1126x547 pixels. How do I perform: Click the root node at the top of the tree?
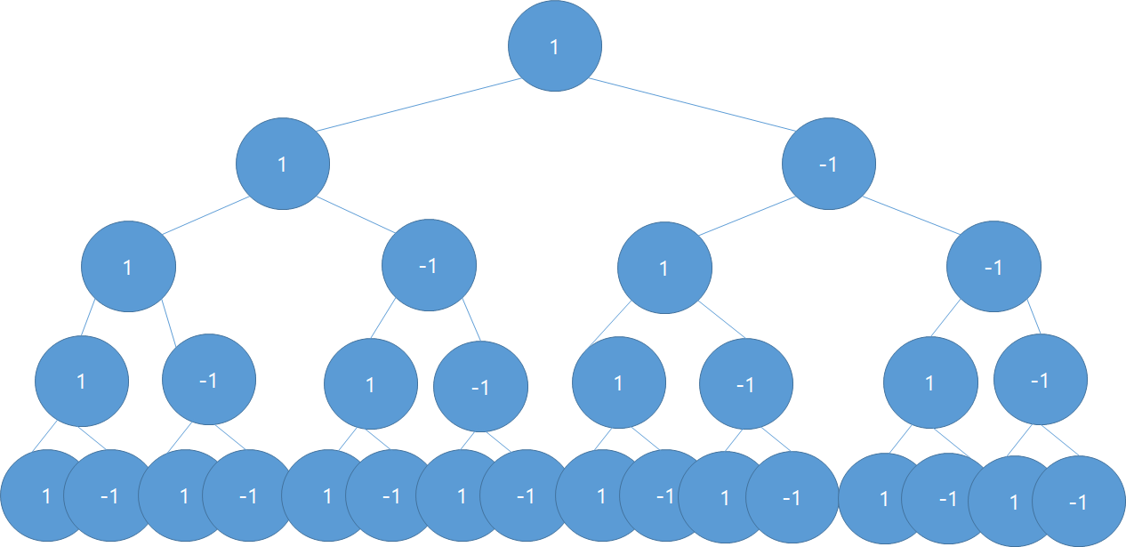click(555, 46)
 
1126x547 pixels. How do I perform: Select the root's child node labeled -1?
click(829, 165)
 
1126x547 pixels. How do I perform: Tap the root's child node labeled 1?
click(283, 165)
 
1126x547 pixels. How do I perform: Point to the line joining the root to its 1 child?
click(418, 105)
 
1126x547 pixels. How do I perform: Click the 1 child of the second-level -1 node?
click(664, 268)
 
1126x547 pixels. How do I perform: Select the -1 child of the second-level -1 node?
click(993, 268)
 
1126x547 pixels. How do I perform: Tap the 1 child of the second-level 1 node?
click(128, 267)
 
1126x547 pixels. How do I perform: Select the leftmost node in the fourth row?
click(82, 382)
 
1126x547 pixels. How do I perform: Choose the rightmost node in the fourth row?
click(1040, 381)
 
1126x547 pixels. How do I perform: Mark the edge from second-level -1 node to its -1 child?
click(910, 215)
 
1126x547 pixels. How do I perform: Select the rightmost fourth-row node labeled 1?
click(930, 383)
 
